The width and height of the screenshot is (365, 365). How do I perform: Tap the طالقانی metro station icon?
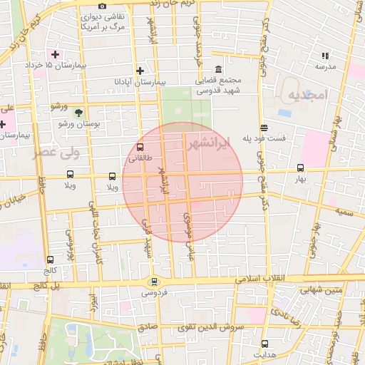coord(139,147)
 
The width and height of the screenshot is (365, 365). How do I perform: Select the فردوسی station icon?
coord(155,282)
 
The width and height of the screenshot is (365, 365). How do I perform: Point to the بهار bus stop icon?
coord(299,169)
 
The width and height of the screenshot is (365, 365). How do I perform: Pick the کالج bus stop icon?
coord(49,260)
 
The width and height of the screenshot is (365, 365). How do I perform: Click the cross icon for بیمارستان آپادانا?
coord(140,71)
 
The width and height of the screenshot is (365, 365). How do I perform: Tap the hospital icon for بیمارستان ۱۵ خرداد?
coord(54,54)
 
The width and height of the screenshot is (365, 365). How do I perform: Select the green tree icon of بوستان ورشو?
coord(78,113)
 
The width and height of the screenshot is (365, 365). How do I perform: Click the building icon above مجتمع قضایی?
coord(217,70)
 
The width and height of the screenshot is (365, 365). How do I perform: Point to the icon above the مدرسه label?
coord(325,56)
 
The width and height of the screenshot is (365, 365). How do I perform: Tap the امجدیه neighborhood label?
coord(307,95)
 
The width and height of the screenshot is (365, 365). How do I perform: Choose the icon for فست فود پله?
coord(264,128)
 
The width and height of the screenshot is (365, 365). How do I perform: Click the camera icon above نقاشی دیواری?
coord(102,6)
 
